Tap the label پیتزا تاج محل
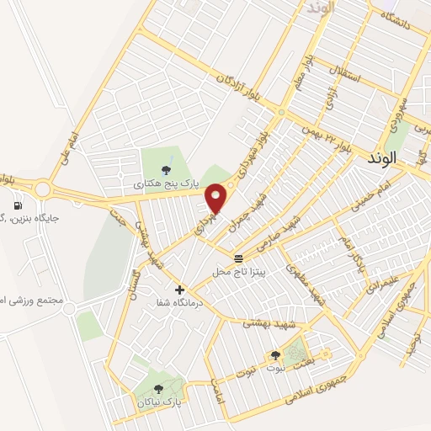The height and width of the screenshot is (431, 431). point(232,272)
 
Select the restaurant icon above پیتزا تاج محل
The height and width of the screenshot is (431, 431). point(239,258)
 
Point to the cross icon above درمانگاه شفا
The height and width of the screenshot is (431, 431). point(179,290)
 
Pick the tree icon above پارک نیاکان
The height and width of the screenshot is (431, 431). point(159,388)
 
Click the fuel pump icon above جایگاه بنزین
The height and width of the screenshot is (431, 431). point(17,205)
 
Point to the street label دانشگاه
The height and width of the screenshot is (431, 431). point(412,30)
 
